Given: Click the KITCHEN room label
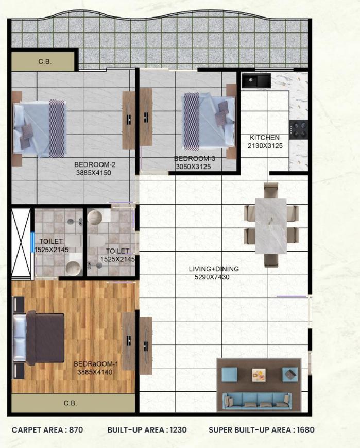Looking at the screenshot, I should tap(265, 138).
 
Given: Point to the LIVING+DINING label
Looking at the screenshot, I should tap(213, 269).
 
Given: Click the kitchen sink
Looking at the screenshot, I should tap(256, 80).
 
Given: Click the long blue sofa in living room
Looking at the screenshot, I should tap(256, 399).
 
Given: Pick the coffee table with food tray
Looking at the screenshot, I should tap(258, 375).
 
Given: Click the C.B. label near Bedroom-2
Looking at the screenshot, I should tap(44, 62).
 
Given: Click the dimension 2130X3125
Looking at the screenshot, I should tap(265, 146).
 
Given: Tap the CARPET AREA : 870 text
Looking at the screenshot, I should tap(47, 429).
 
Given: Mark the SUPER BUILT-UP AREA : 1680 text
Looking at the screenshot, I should tap(261, 429).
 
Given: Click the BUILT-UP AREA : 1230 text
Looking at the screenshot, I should tap(147, 429).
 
